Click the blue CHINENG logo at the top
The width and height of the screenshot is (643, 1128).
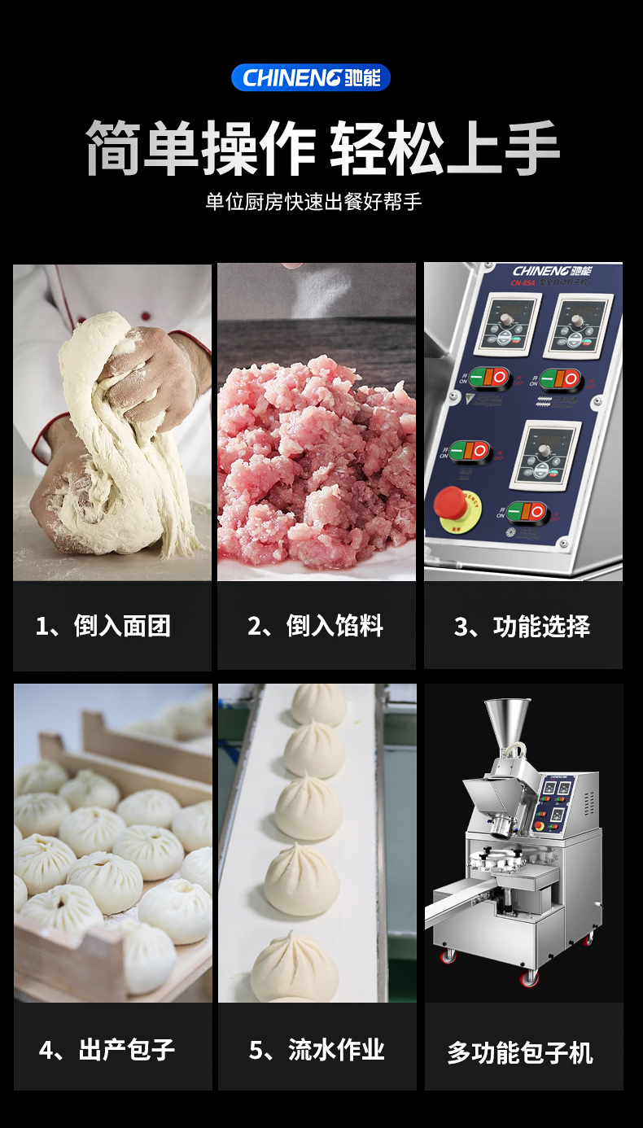[x=311, y=78]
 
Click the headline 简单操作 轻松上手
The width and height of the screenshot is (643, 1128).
[x=321, y=148]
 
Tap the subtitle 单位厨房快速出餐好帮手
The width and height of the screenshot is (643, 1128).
[x=313, y=202]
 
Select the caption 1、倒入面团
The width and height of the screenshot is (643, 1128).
[x=103, y=626]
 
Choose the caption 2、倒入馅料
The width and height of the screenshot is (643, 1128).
[x=316, y=626]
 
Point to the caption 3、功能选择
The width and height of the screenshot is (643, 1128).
[x=523, y=626]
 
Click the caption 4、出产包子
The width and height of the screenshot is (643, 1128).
[x=107, y=1050]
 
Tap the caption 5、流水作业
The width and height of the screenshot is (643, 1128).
[x=317, y=1050]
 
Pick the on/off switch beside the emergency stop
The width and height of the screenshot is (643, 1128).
[x=527, y=512]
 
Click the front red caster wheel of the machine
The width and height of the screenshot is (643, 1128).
[x=531, y=975]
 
